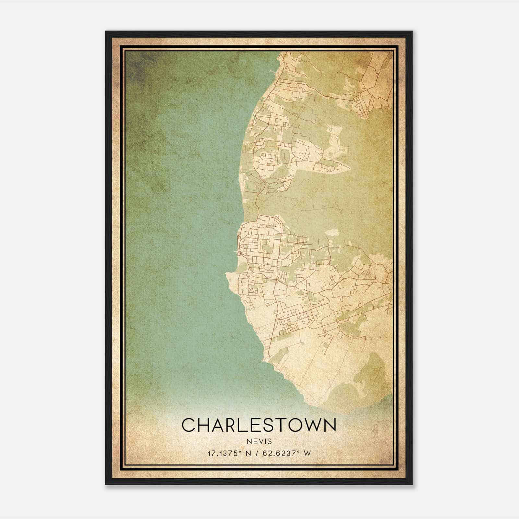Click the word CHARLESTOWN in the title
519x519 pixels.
click(x=259, y=425)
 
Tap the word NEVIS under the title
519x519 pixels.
click(x=259, y=441)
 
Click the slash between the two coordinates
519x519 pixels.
click(x=257, y=453)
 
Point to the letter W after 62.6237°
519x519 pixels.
click(x=307, y=453)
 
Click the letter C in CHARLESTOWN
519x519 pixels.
click(x=188, y=425)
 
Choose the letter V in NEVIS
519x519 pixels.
click(x=259, y=441)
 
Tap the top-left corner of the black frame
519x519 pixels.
click(x=106, y=32)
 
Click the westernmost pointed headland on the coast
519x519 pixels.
click(x=227, y=275)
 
